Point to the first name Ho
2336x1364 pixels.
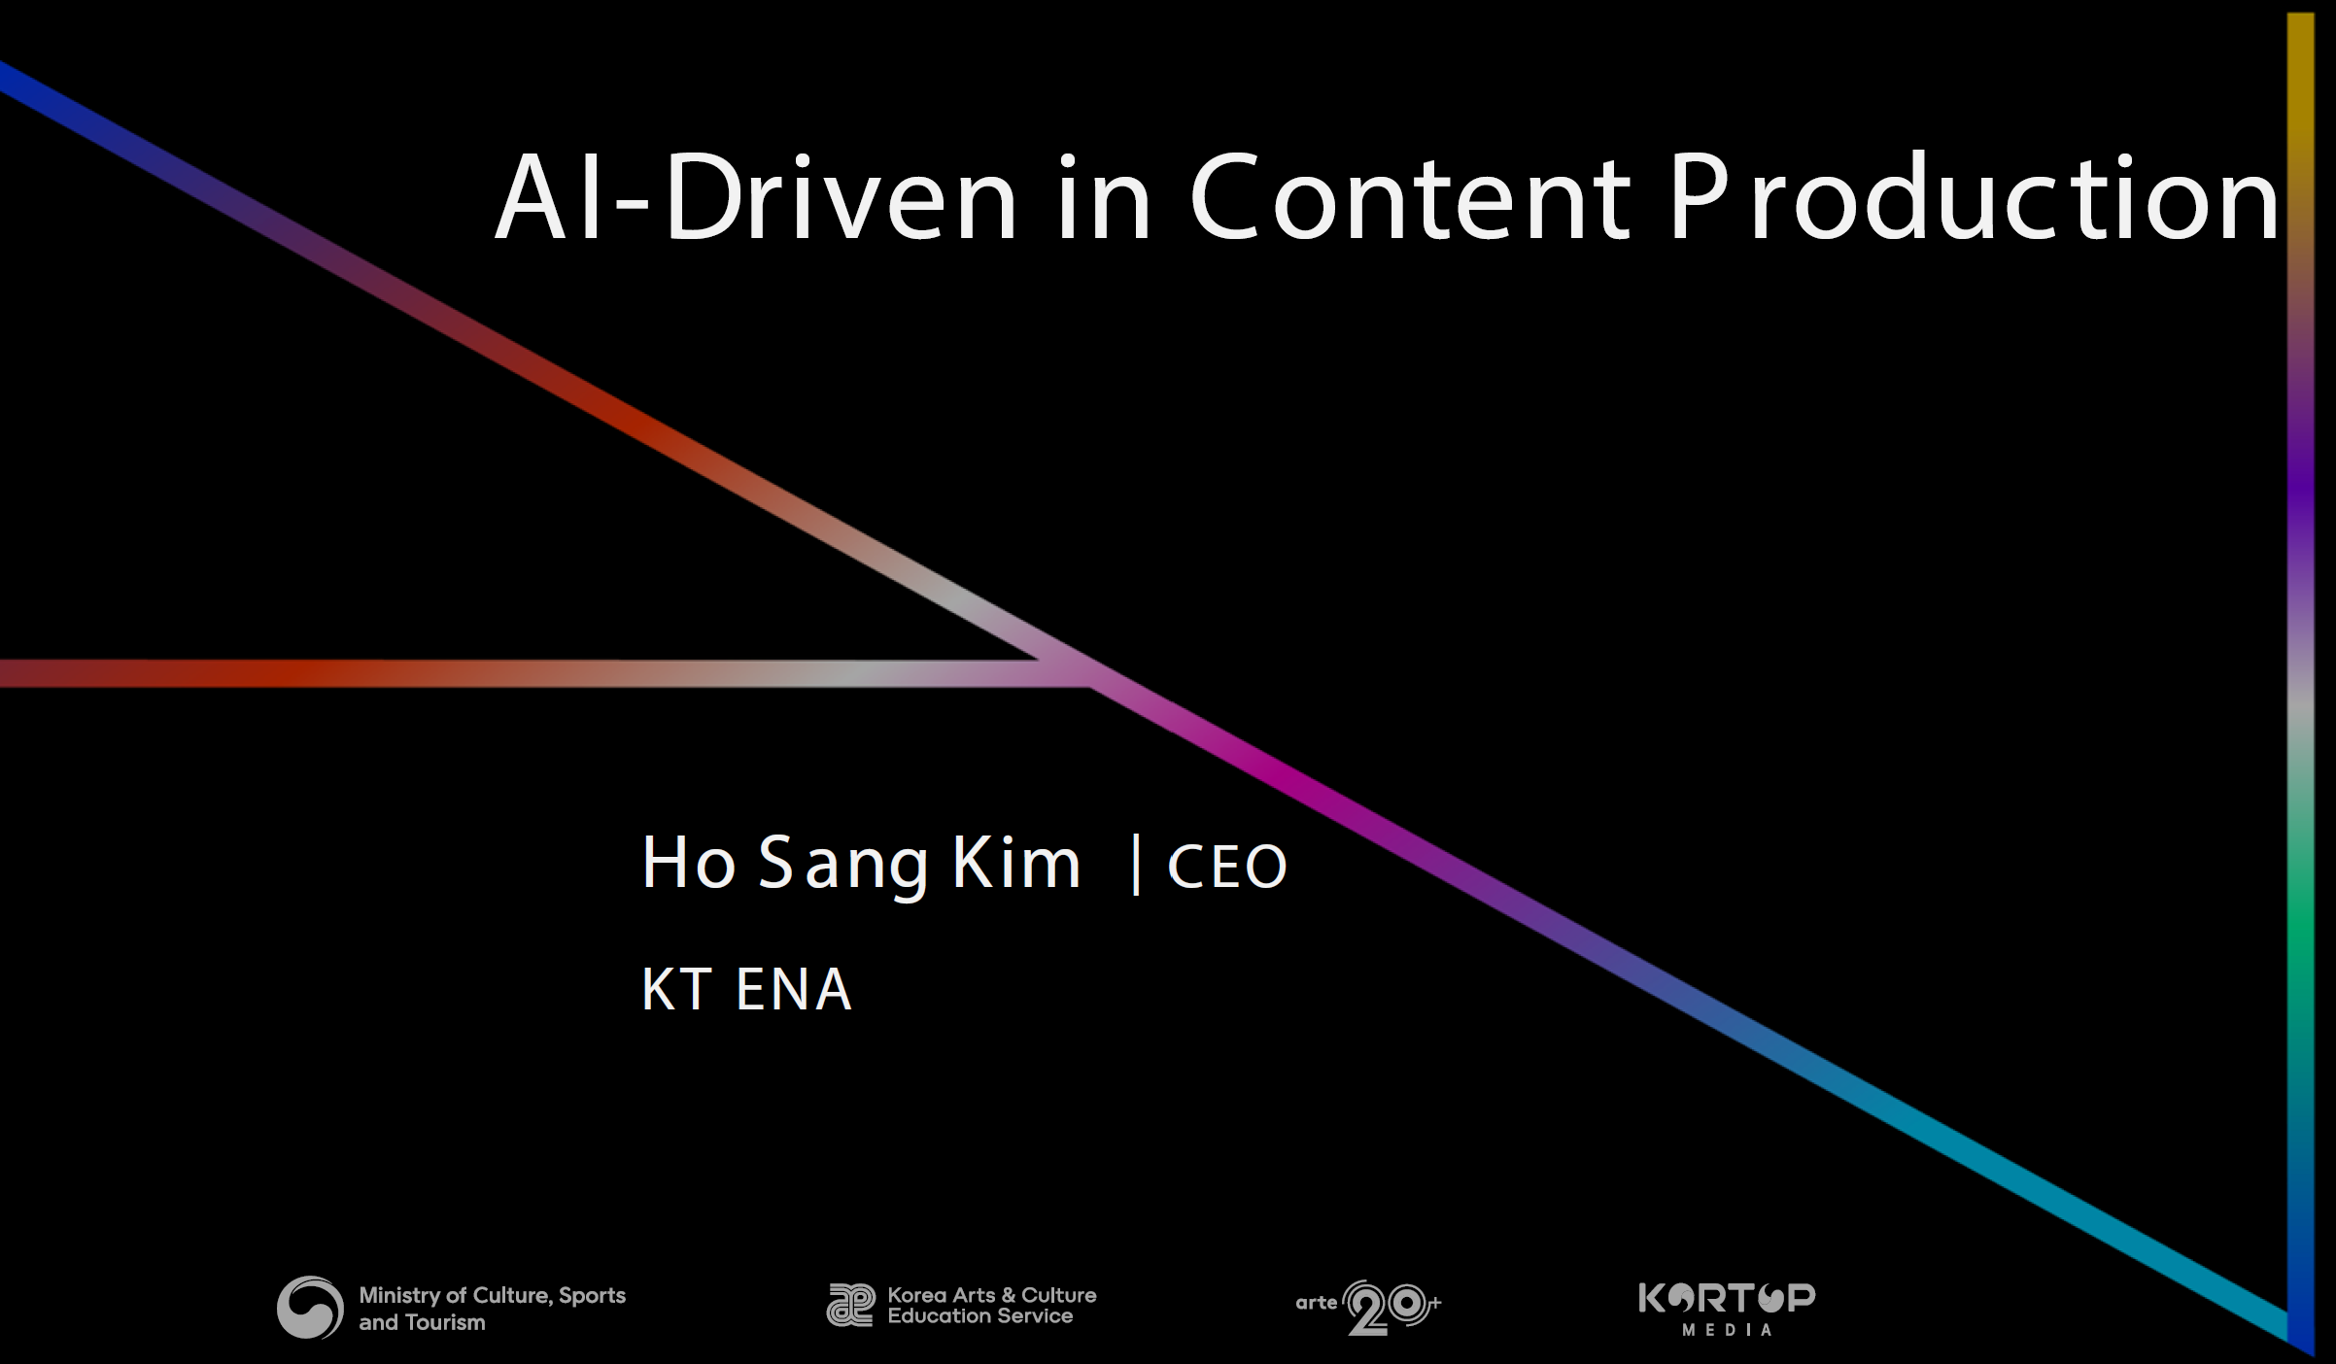click(x=688, y=862)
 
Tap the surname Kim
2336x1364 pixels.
click(x=1016, y=862)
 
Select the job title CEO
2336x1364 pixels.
click(x=1227, y=867)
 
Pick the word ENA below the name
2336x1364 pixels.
click(x=794, y=990)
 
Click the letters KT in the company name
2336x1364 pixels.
click(x=677, y=990)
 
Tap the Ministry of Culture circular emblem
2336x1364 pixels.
click(x=310, y=1308)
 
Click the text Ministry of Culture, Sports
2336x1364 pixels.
click(x=492, y=1295)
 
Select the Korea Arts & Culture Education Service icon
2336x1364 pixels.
click(x=849, y=1305)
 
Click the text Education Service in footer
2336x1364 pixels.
click(x=980, y=1316)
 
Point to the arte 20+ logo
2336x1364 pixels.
click(x=1368, y=1307)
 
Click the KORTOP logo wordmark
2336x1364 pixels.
click(x=1727, y=1298)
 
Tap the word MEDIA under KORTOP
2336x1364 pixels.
click(x=1727, y=1330)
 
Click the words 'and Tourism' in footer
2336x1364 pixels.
click(x=422, y=1322)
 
